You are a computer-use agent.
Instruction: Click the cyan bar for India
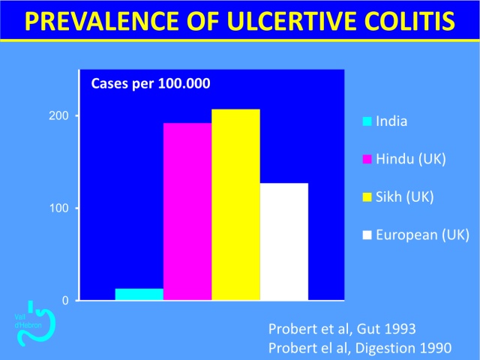click(x=139, y=294)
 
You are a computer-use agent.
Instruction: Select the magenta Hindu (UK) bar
click(x=187, y=211)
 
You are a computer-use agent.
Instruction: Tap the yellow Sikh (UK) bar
click(x=236, y=205)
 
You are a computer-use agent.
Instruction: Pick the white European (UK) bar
click(x=284, y=241)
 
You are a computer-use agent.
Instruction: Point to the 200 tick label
click(x=58, y=115)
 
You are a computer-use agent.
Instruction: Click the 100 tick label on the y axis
click(x=58, y=208)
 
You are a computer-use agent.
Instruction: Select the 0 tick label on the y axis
click(x=65, y=301)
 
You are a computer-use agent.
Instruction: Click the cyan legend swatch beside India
click(x=367, y=121)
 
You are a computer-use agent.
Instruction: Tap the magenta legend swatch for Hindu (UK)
click(x=367, y=159)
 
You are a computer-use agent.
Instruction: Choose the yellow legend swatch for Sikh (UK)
click(x=367, y=197)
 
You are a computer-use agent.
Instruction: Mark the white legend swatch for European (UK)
click(x=367, y=235)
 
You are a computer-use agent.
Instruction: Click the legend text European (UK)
click(x=422, y=235)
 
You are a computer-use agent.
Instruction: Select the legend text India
click(x=391, y=121)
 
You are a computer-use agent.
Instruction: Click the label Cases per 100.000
click(x=151, y=83)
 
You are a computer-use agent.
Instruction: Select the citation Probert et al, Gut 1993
click(x=342, y=328)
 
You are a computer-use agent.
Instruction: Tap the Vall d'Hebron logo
click(x=36, y=323)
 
